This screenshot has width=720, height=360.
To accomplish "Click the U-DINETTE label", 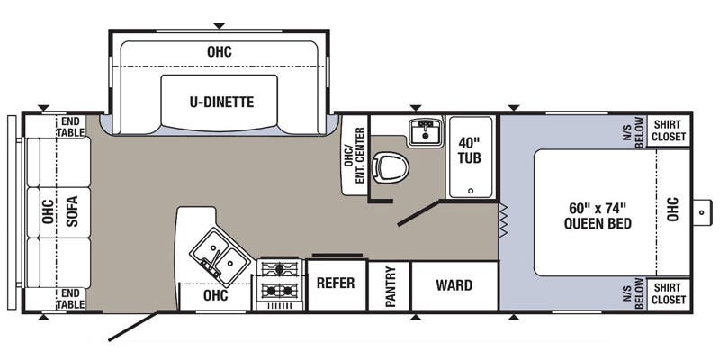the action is coord(221,102).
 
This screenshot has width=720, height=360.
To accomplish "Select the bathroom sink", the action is coord(426,131).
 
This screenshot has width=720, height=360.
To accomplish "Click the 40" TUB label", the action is coord(470,150).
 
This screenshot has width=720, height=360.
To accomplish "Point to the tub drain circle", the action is coord(470,191).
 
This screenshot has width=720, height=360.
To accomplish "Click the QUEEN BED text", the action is coord(598,224).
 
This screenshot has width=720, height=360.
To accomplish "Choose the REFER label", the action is coord(336,283).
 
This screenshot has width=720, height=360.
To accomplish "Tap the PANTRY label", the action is coord(391,286).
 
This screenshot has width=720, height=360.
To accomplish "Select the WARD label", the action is coord(454,285).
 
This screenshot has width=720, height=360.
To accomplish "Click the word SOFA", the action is coord(72,211).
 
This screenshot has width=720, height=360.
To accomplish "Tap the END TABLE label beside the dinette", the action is coord(71,127).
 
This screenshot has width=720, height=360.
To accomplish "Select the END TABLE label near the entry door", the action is coord(71,299).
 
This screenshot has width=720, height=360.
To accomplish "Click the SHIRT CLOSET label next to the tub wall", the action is coord(669,130).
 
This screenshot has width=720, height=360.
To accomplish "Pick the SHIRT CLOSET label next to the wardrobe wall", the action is coord(669,294).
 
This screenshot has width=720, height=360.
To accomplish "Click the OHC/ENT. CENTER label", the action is coord(354,155).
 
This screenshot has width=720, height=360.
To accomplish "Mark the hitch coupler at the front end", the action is coord(702,212).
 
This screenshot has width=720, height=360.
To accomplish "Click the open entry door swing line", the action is coord(133,327).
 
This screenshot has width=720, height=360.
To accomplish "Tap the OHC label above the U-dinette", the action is coord(220,52).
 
